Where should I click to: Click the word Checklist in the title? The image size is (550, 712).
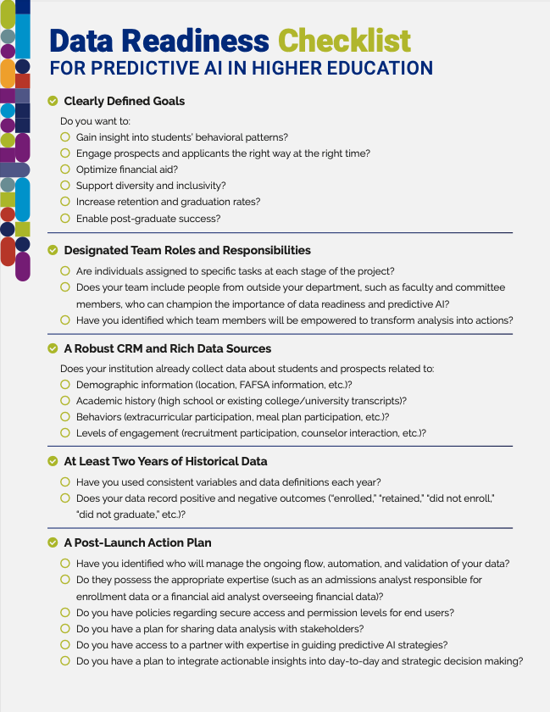click(344, 41)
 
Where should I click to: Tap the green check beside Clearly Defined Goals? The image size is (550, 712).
click(53, 102)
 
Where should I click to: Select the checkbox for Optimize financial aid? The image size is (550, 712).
click(65, 170)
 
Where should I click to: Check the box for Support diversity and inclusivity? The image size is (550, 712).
click(65, 186)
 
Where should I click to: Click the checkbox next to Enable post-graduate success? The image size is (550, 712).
click(65, 219)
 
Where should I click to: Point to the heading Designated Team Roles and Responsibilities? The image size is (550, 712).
click(187, 250)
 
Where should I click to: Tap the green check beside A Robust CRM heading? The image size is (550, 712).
click(53, 348)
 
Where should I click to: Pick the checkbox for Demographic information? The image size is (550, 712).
click(65, 384)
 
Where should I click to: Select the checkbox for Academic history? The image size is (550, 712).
click(65, 400)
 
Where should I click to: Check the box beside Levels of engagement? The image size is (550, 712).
click(65, 433)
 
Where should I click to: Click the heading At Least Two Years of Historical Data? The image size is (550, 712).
click(165, 461)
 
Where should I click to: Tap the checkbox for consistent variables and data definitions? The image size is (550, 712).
click(65, 481)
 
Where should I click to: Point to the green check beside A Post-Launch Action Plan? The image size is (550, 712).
click(53, 542)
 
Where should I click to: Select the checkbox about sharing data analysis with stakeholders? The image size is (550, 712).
click(65, 629)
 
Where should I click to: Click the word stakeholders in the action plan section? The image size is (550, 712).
click(332, 629)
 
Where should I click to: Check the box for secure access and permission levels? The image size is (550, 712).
click(65, 612)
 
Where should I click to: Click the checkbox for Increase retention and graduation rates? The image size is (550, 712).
click(65, 202)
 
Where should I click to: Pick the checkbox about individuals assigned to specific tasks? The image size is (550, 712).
click(65, 271)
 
